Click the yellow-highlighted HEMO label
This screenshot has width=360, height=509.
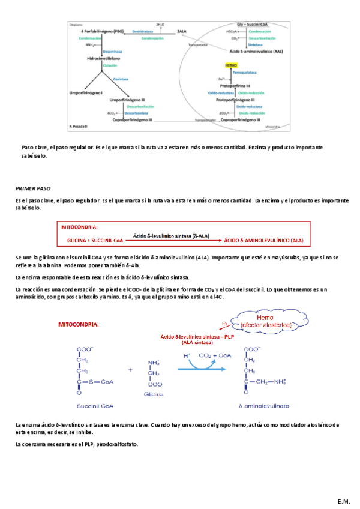(x=231, y=65)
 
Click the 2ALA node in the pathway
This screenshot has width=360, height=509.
(x=182, y=31)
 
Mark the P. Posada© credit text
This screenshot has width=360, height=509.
(x=78, y=126)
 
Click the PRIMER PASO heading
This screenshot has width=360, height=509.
(x=33, y=188)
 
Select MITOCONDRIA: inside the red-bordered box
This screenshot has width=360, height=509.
(x=80, y=227)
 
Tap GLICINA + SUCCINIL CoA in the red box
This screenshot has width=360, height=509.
(x=92, y=240)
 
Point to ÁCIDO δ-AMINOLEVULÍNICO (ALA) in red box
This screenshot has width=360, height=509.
(x=263, y=240)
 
